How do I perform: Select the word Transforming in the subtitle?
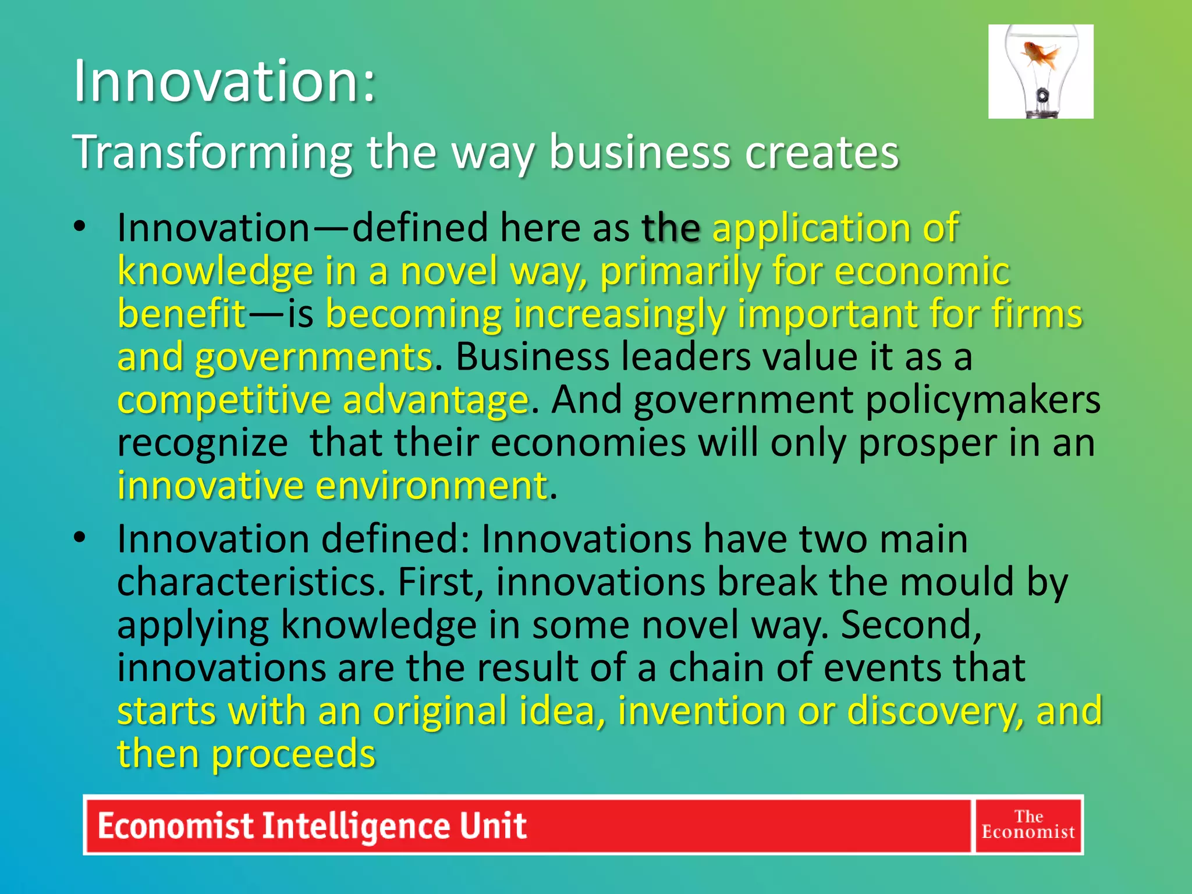tap(212, 152)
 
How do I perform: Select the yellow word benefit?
tap(182, 314)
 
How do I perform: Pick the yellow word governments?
tap(313, 357)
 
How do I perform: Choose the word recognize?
tap(202, 443)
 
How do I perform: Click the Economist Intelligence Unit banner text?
tap(312, 825)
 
